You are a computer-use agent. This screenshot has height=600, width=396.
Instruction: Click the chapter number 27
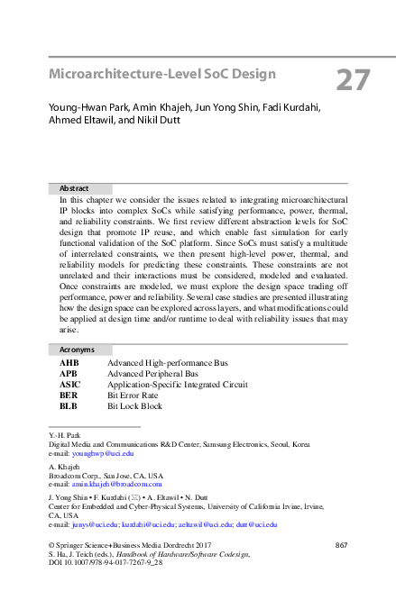(x=353, y=79)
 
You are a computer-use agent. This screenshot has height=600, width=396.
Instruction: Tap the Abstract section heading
(x=74, y=187)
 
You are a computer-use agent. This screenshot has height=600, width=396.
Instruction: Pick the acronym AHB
(x=69, y=363)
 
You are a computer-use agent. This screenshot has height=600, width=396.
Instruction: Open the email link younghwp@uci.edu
(x=103, y=454)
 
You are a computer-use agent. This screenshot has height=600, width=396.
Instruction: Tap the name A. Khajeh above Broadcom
(x=64, y=466)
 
